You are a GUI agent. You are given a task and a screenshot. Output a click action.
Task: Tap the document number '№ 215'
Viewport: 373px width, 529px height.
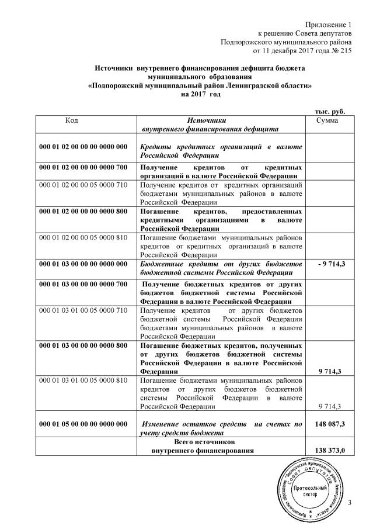(x=341, y=51)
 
